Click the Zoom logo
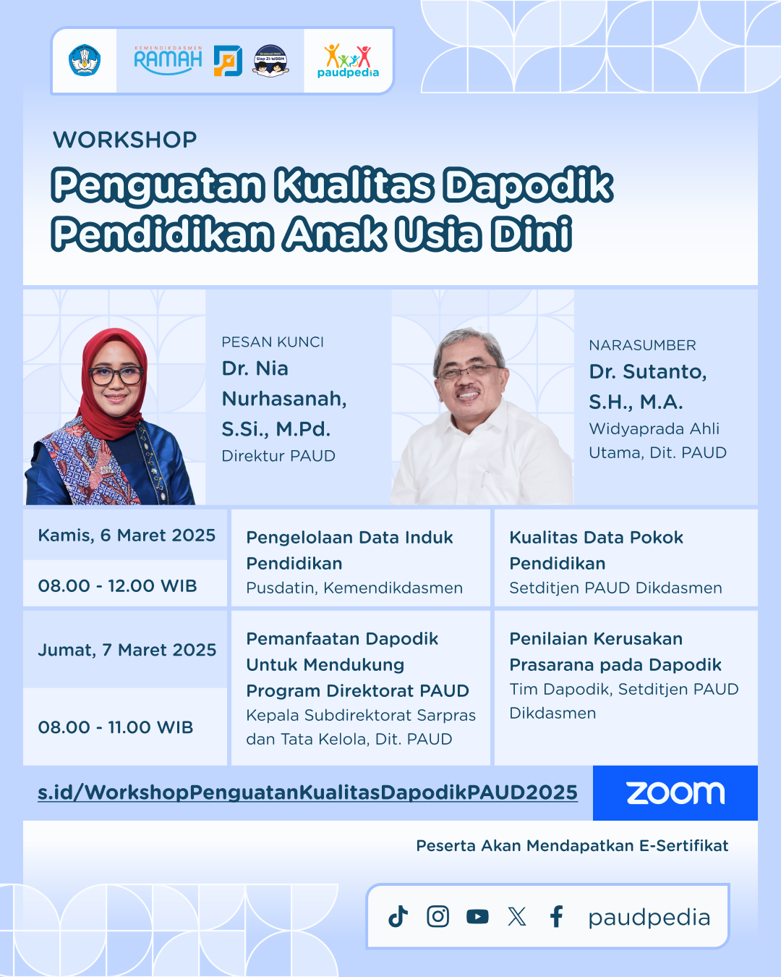click(x=675, y=793)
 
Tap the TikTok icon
click(x=398, y=916)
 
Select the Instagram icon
click(x=438, y=916)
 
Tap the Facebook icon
click(x=557, y=916)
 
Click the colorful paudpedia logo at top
click(x=348, y=61)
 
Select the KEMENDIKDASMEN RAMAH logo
click(x=168, y=60)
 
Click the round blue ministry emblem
click(x=85, y=60)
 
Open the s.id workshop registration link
click(x=307, y=792)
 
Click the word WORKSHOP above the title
click(x=125, y=140)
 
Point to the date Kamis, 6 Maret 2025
click(x=127, y=536)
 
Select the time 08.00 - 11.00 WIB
click(x=116, y=727)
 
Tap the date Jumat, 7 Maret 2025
click(x=127, y=650)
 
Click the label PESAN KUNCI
click(x=273, y=342)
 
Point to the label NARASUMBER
click(x=642, y=345)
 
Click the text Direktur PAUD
click(x=278, y=455)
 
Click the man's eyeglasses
click(x=468, y=372)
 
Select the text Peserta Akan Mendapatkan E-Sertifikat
click(x=572, y=846)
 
